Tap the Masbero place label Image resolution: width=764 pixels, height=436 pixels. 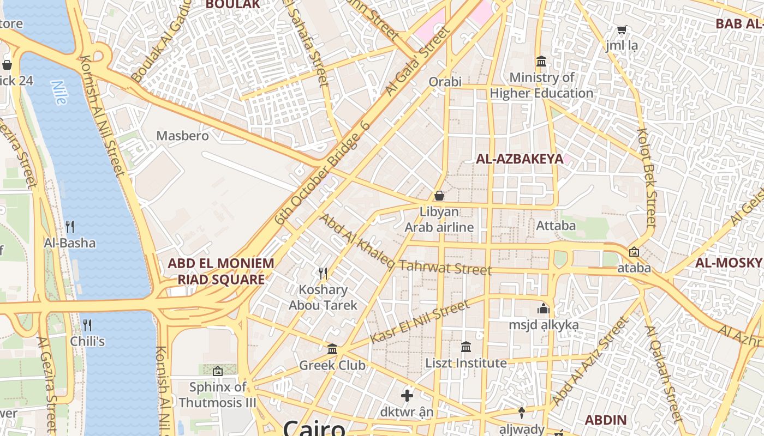click(x=182, y=136)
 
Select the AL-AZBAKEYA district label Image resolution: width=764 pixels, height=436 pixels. click(x=520, y=159)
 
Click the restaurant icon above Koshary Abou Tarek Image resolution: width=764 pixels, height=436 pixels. click(x=323, y=273)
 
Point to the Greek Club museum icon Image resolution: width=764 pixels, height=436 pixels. click(x=332, y=349)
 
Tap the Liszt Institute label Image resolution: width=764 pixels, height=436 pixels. click(x=466, y=363)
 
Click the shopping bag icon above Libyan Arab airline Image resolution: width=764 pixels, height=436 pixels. click(x=439, y=195)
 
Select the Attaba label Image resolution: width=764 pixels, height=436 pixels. click(x=556, y=225)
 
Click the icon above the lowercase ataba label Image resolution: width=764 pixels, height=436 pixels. click(x=634, y=252)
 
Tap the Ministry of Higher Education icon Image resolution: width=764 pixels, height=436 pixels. click(x=541, y=61)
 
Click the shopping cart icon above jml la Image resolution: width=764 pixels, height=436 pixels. click(x=621, y=29)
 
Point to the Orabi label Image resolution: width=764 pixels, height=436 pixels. click(x=445, y=82)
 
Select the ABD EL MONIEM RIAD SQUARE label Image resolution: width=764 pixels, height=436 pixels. click(x=220, y=271)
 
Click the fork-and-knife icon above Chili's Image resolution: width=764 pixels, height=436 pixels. click(x=87, y=325)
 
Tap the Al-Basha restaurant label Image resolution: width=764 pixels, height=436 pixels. click(x=70, y=243)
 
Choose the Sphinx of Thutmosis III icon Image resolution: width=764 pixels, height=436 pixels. click(x=217, y=371)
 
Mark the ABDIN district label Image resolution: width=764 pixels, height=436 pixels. click(x=605, y=420)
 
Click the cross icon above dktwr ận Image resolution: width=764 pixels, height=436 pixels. click(x=407, y=396)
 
